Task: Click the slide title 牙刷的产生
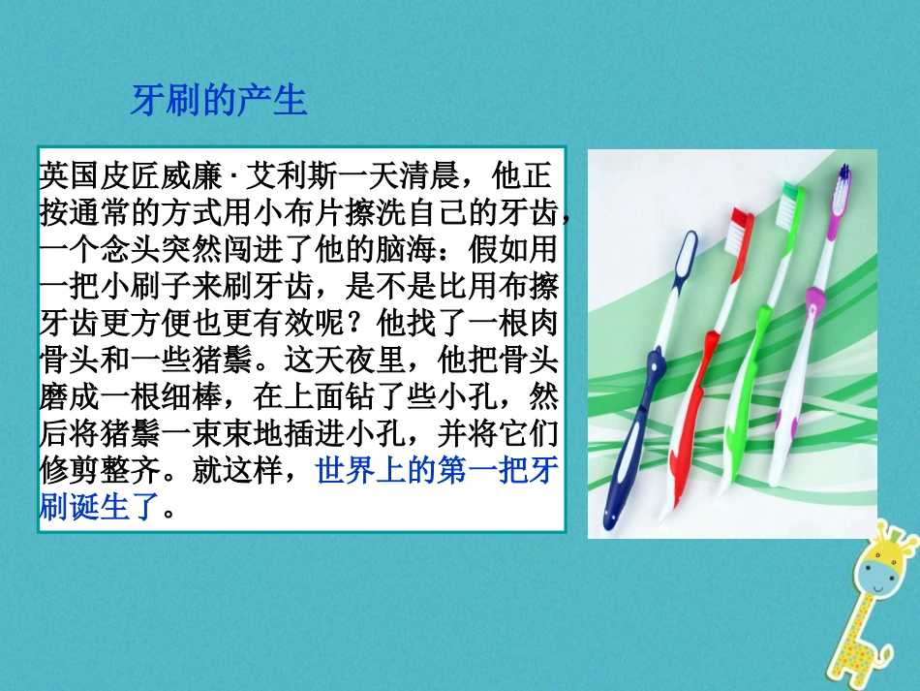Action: pos(219,100)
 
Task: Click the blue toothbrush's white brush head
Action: pos(685,258)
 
